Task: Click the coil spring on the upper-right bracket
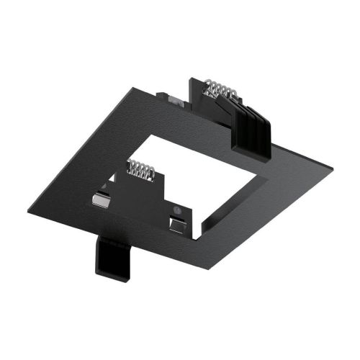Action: coord(220,89)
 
